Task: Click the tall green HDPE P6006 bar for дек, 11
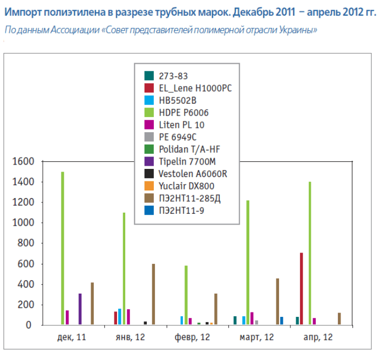pyautogui.click(x=63, y=248)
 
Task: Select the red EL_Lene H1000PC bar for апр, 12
pyautogui.click(x=302, y=289)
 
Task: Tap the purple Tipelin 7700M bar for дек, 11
pyautogui.click(x=80, y=309)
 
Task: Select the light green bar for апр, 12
pyautogui.click(x=310, y=253)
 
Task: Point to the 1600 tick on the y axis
pyautogui.click(x=22, y=161)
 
